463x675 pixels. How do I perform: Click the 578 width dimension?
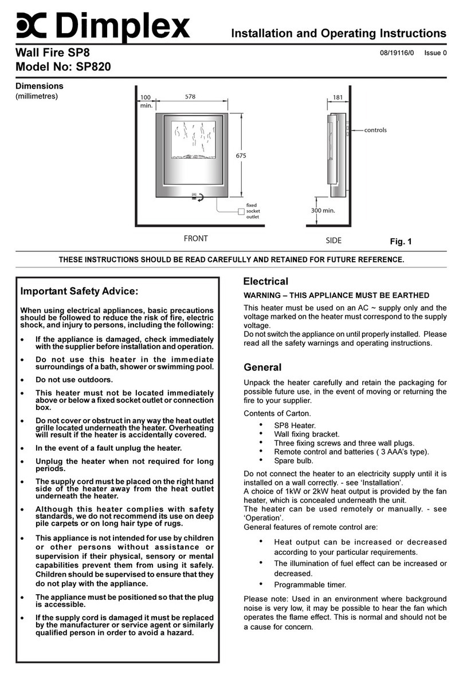pyautogui.click(x=191, y=97)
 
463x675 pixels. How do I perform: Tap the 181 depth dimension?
pyautogui.click(x=338, y=97)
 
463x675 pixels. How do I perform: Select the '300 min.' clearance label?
pyautogui.click(x=323, y=210)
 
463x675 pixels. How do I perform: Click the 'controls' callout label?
pyautogui.click(x=375, y=130)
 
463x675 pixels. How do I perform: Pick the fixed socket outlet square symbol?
pyautogui.click(x=241, y=211)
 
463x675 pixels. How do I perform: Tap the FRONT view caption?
pyautogui.click(x=196, y=239)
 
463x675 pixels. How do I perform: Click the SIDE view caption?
pyautogui.click(x=333, y=240)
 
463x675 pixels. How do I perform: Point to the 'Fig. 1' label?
pyautogui.click(x=401, y=242)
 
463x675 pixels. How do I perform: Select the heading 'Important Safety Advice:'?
pyautogui.click(x=80, y=291)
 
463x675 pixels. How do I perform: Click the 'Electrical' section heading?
pyautogui.click(x=265, y=282)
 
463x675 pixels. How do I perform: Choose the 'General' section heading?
pyautogui.click(x=262, y=368)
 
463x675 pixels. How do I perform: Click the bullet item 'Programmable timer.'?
pyautogui.click(x=310, y=585)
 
